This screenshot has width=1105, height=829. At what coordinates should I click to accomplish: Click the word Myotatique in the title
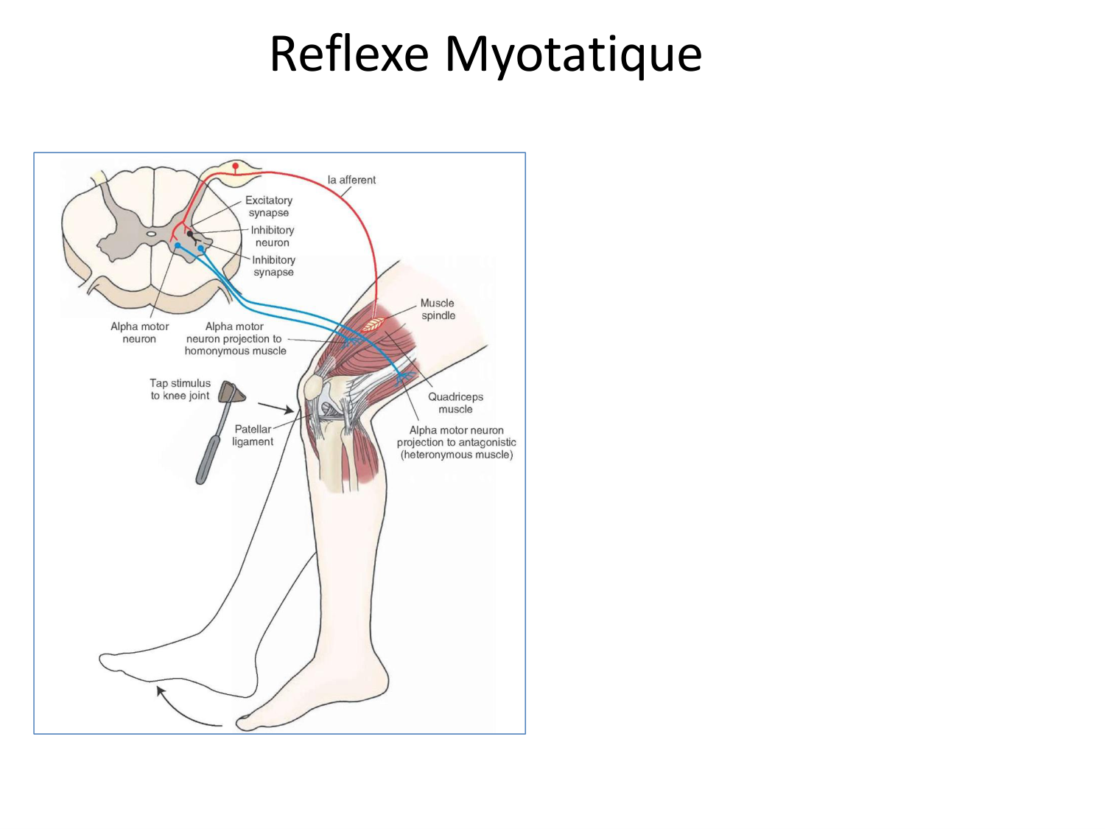click(573, 55)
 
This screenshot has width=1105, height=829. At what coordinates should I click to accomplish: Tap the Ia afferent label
click(351, 180)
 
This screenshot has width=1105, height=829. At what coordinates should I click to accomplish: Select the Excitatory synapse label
click(269, 206)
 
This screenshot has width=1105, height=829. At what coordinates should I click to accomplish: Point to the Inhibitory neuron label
click(273, 237)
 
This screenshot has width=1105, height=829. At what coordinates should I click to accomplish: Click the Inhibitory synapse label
click(273, 266)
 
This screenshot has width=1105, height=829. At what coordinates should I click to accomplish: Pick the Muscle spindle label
click(438, 309)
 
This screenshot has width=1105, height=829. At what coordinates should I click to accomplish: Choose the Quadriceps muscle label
click(455, 403)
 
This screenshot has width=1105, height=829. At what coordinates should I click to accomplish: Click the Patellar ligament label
click(253, 436)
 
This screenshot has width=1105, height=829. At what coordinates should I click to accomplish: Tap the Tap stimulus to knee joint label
click(180, 389)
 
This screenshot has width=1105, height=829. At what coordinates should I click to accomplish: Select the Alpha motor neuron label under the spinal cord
click(139, 332)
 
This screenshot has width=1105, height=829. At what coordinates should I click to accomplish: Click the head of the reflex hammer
click(232, 392)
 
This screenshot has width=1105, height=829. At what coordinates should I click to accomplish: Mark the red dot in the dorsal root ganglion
click(235, 167)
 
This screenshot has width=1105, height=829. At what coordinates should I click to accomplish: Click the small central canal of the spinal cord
click(151, 234)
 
